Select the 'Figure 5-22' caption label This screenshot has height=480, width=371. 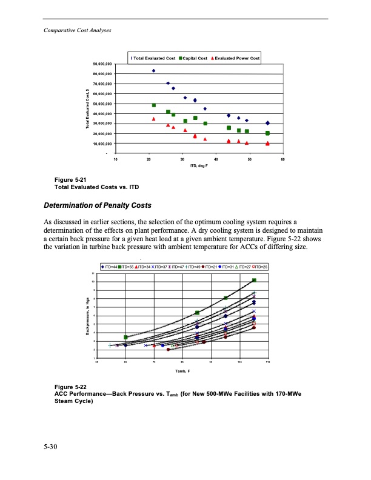(70, 385)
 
